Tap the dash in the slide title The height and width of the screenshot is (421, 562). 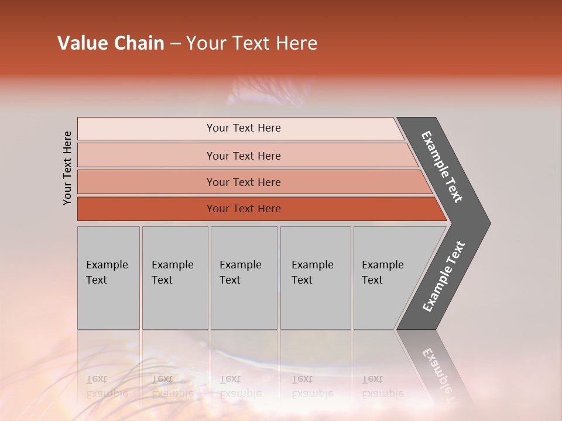[x=175, y=44]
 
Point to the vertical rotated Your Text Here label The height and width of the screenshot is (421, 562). [x=67, y=168]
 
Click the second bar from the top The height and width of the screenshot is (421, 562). [x=243, y=156]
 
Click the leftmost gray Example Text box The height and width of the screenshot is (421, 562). [x=108, y=278]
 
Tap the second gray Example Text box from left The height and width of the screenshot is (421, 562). [x=174, y=278]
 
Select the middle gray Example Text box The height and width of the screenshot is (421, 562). [x=244, y=278]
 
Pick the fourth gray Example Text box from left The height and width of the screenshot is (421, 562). [x=316, y=278]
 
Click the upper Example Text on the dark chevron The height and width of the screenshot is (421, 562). [x=442, y=167]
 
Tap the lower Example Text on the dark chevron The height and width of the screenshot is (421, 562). [x=444, y=277]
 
